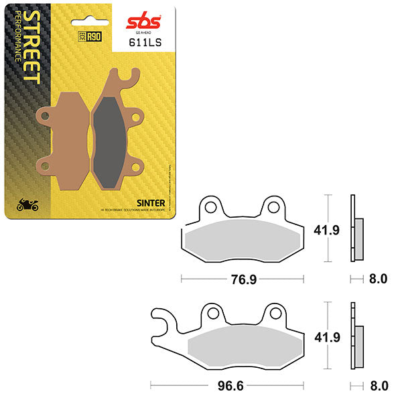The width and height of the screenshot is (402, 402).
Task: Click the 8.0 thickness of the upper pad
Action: point(378,278)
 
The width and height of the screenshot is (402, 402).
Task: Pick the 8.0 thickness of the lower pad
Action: point(378,386)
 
